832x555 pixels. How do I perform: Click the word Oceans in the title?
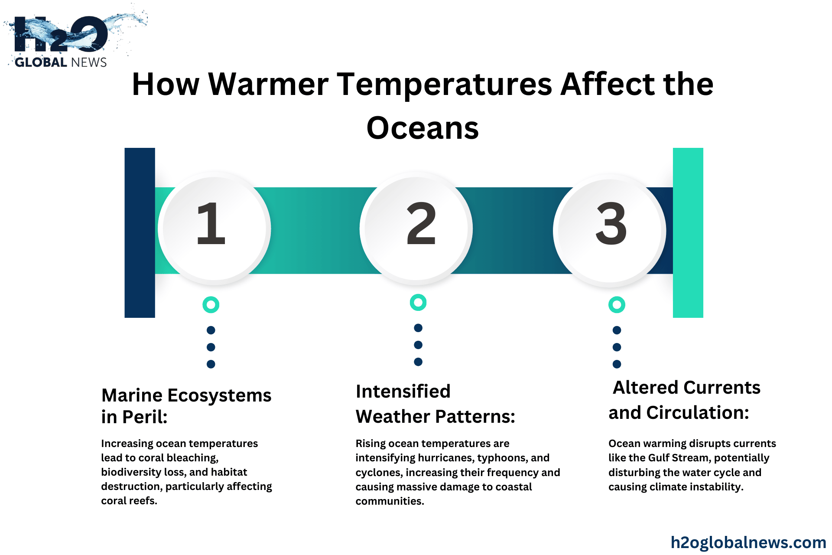click(x=422, y=128)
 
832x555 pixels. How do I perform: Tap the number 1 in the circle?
click(x=211, y=224)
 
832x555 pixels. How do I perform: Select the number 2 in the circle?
click(x=421, y=224)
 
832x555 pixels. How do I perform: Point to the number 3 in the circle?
click(x=611, y=224)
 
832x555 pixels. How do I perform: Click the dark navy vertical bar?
click(x=140, y=233)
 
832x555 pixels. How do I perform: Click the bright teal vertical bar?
click(x=688, y=233)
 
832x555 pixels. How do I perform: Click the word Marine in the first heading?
click(x=132, y=395)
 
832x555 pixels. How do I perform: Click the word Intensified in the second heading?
click(x=403, y=391)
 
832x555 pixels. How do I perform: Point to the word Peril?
click(x=145, y=417)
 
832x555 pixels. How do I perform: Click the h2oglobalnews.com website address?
click(x=748, y=542)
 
